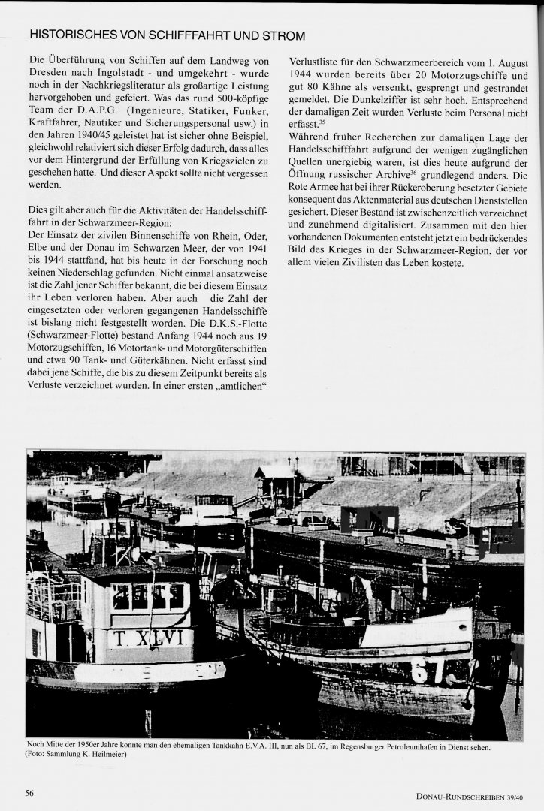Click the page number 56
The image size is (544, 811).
pos(30,793)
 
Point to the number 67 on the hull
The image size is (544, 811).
pos(429,669)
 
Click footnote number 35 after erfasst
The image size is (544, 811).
pos(321,122)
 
